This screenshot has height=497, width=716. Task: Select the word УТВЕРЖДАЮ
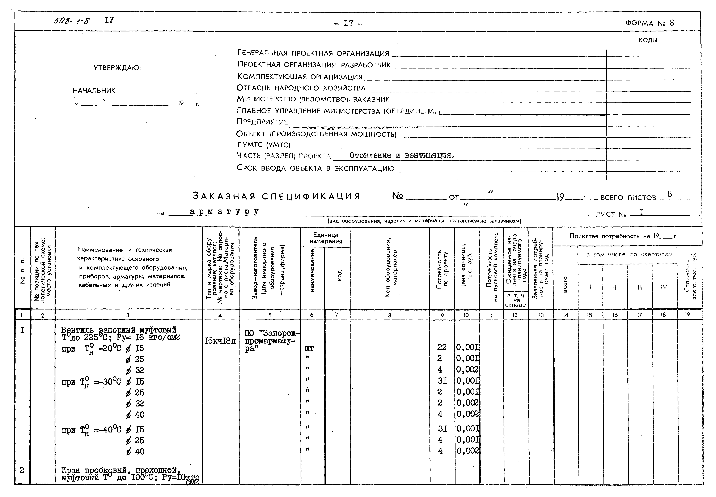[x=117, y=68]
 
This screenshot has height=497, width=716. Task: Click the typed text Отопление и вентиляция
[x=402, y=155]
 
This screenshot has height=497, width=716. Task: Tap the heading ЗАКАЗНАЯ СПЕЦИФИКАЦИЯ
[x=276, y=196]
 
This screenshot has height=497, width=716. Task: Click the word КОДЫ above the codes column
[x=648, y=40]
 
